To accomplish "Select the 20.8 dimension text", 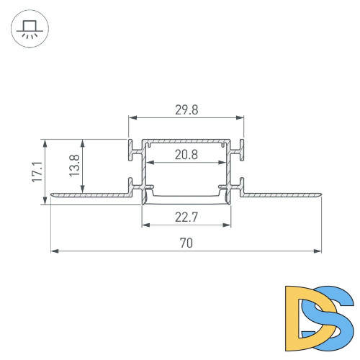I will [x=186, y=153].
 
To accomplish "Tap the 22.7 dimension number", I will [x=186, y=216].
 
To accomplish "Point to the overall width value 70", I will [x=186, y=243].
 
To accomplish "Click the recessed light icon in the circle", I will [x=30, y=30].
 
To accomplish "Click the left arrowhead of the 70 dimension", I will [x=53, y=251].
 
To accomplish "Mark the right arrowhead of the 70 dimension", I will [x=318, y=251].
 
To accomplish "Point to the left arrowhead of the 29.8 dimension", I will [x=132, y=117].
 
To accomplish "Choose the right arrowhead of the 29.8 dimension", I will [x=240, y=117].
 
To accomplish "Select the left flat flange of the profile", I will [x=90, y=195].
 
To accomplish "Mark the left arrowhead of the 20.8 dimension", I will [x=149, y=161].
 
